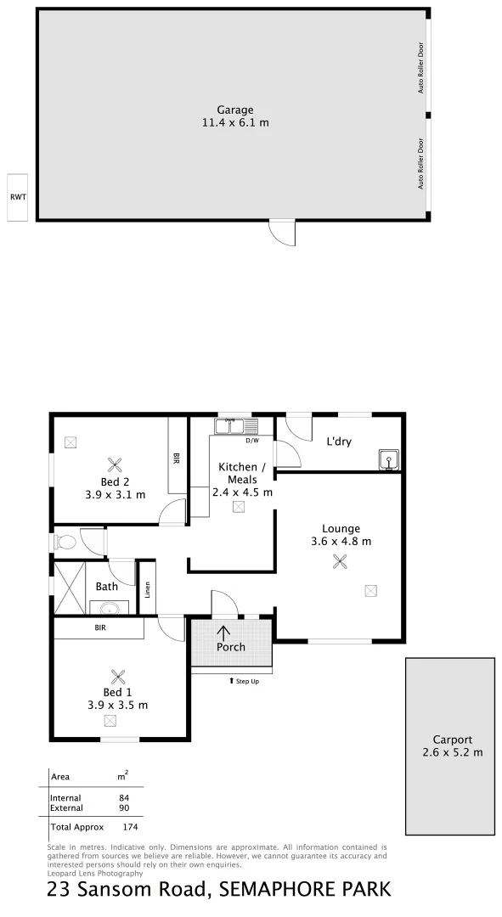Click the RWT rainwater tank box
(18, 197)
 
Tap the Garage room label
(234, 110)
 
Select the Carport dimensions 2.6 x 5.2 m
(452, 751)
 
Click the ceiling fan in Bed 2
(116, 464)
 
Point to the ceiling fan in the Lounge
(341, 560)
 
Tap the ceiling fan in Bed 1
(117, 676)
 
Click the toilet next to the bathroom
(65, 540)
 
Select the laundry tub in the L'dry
(388, 460)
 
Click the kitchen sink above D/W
(229, 425)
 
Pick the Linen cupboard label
(148, 588)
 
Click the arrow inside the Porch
(224, 632)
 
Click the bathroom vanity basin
(109, 608)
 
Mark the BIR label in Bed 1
(100, 629)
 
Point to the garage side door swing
(283, 232)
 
